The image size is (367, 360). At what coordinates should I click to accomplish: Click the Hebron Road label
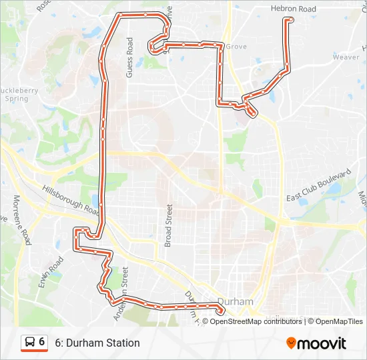294,9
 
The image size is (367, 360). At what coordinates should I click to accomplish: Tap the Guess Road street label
130,57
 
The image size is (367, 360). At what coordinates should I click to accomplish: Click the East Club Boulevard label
318,186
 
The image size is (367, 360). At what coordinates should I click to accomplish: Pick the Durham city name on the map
236,301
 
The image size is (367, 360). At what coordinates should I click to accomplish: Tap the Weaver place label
346,57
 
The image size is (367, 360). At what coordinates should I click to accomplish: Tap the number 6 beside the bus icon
42,342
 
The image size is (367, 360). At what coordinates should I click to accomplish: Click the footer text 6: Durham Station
97,343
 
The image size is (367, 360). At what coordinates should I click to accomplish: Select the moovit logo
316,343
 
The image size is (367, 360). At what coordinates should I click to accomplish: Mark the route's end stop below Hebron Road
288,21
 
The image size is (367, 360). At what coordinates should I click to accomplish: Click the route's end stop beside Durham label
220,309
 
